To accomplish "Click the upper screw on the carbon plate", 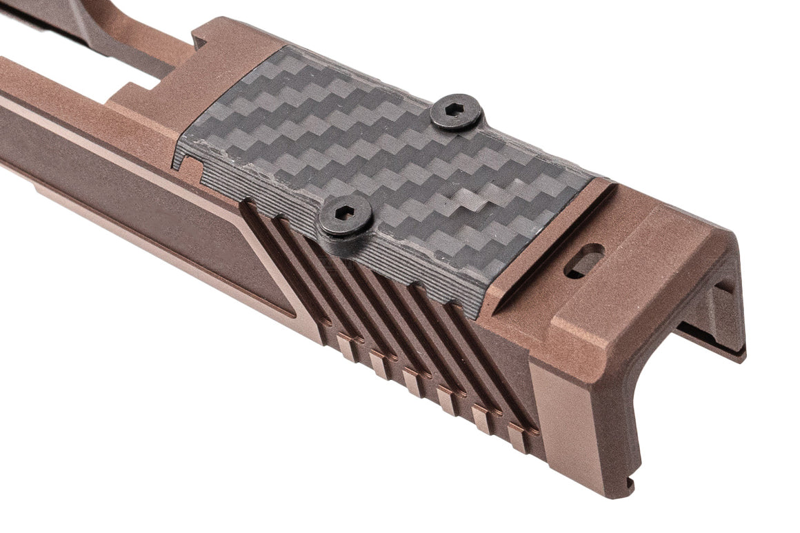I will tap(456, 112).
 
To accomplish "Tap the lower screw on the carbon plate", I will tap(346, 216).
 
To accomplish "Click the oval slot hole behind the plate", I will tap(583, 261).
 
